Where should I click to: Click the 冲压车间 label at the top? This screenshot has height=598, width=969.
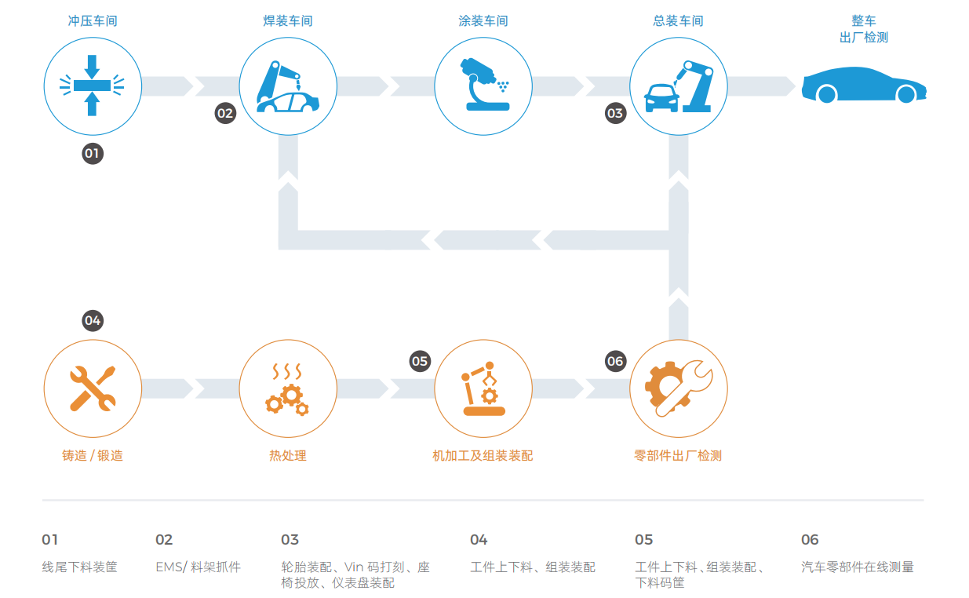pos(93,21)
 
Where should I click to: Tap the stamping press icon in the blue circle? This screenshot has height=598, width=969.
pos(93,86)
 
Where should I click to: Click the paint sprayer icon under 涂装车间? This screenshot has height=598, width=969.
pos(483,86)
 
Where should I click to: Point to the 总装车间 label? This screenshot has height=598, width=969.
pos(679,21)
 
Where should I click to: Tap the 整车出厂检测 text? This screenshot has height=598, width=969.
pos(863,29)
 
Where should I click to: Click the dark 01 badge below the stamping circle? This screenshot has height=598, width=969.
pos(93,153)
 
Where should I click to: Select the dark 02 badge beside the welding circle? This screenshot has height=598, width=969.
pos(225,114)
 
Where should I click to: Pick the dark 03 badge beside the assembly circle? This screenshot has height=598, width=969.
pos(615,114)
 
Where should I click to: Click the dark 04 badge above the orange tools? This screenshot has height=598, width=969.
pos(93,320)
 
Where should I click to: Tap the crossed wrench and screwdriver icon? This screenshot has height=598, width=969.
pos(93,388)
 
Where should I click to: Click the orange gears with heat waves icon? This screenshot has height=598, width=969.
pos(288,388)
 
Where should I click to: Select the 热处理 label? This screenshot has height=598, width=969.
pos(288,455)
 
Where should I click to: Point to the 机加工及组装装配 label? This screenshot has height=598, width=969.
pos(483,455)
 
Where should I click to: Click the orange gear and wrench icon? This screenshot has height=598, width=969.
pos(679,388)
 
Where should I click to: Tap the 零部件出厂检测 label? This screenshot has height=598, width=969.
pos(678,455)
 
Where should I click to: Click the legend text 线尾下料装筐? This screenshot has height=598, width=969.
pos(79,567)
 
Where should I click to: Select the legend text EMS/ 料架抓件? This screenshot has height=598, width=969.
pos(198,567)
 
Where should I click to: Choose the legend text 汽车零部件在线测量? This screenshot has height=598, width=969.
pos(857,567)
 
